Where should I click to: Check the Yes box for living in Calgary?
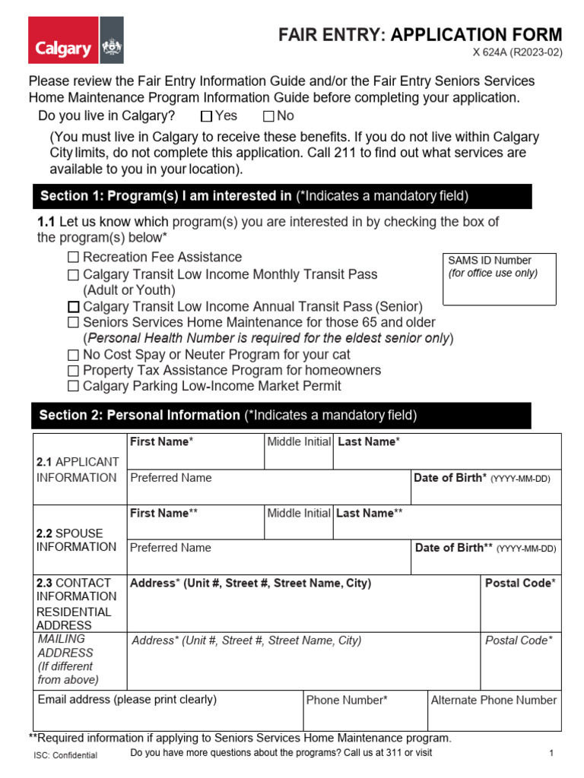[x=207, y=117]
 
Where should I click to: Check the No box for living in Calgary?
[x=268, y=117]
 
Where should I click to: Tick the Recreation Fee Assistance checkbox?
[x=73, y=258]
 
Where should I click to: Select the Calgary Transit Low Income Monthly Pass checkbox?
[x=73, y=275]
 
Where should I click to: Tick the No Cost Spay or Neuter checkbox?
[x=73, y=356]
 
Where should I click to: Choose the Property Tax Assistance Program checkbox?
[x=73, y=372]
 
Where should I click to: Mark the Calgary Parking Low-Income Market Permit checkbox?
[x=73, y=387]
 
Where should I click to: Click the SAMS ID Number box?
[x=499, y=280]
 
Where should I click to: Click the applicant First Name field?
[x=195, y=457]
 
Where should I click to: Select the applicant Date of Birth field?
[x=486, y=493]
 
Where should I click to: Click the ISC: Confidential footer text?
[x=65, y=756]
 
